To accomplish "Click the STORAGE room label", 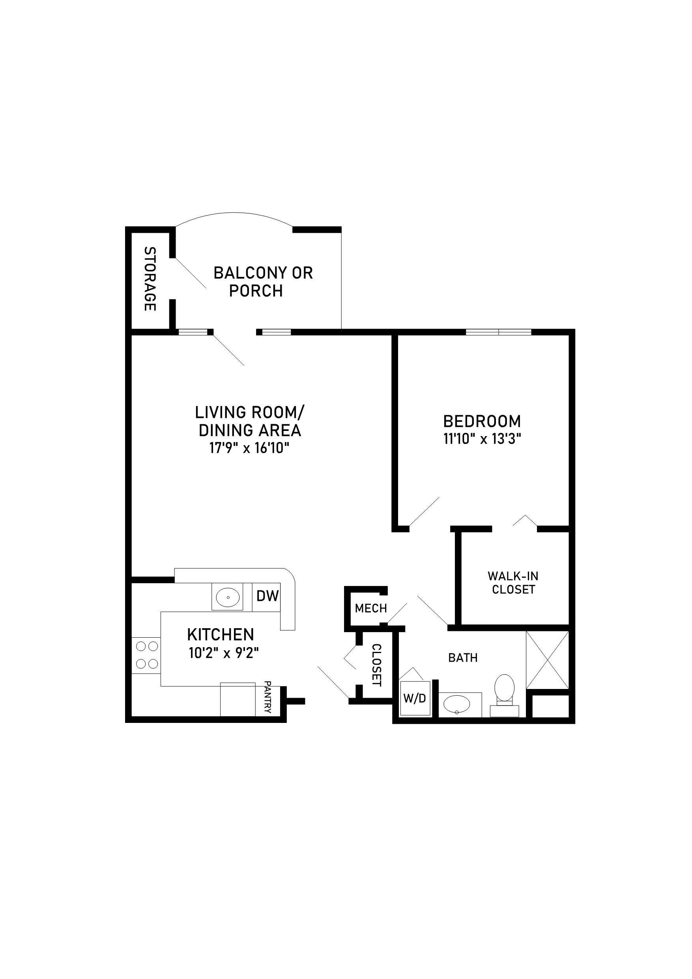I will point(150,279).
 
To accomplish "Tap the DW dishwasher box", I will point(267,596).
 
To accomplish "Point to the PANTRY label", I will point(268,697).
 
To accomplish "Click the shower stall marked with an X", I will point(548,660).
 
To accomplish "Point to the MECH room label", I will point(370,608).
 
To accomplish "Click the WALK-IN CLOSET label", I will point(513,583).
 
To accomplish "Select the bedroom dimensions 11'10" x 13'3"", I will point(482,439).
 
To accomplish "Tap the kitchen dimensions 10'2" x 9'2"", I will point(224,653).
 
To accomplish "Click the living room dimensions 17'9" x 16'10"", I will point(249,448).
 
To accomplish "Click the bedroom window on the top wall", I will point(498,332).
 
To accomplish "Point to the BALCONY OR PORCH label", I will point(263,281).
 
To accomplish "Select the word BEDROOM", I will point(482,421).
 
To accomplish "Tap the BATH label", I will point(463,657).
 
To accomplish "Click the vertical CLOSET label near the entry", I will point(376,665).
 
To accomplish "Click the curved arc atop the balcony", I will point(234,213).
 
